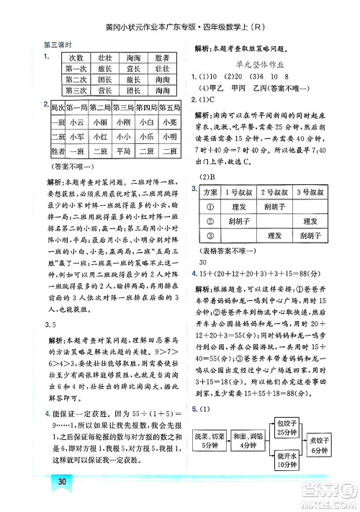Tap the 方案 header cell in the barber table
coord(210,192)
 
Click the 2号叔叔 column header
coord(274,192)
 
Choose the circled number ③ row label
coord(210,235)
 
